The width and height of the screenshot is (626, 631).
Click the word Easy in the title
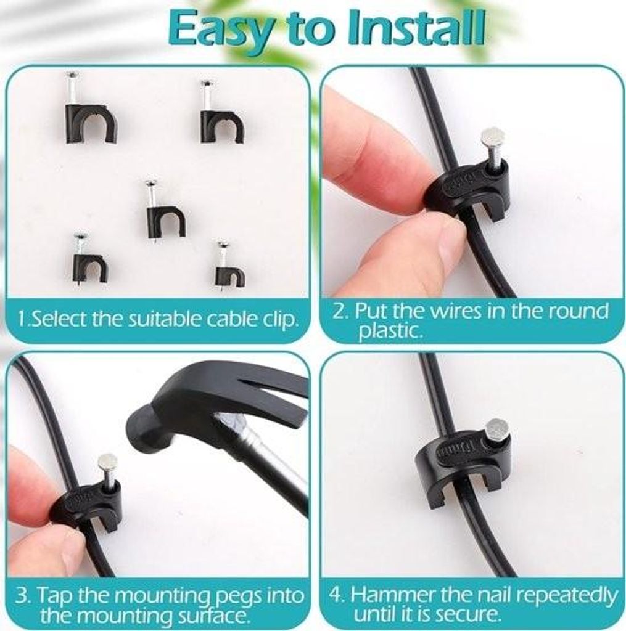coord(221,30)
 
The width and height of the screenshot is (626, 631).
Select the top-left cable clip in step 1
coord(91,108)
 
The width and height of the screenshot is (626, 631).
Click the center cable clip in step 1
coord(165,211)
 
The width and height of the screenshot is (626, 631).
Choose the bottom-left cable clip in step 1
coord(90,260)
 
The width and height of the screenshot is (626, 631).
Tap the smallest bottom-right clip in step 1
coord(229,266)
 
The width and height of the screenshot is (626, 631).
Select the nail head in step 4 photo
coord(497,429)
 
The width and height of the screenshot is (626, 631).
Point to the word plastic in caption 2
coord(390,331)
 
